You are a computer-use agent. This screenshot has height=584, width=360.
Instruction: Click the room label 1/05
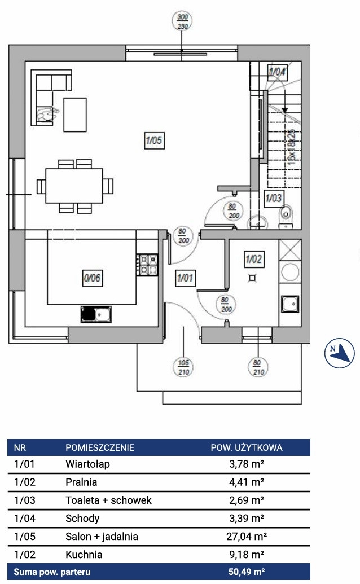coord(153,140)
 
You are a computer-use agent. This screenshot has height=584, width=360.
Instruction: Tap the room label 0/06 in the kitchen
coord(92,278)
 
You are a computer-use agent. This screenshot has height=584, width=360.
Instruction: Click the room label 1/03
coord(274,198)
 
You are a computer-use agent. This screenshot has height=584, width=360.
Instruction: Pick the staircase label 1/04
coord(277,72)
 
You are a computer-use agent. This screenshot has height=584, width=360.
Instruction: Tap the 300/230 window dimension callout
coord(181,22)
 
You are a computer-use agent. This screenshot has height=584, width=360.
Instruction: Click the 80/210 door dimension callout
coord(258,367)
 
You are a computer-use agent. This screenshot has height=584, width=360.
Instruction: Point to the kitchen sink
coord(96,314)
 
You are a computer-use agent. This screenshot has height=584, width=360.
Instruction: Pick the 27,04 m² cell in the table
coord(246,536)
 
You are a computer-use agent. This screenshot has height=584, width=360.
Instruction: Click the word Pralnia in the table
coord(81,482)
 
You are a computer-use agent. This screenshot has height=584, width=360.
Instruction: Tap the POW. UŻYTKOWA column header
coord(246,447)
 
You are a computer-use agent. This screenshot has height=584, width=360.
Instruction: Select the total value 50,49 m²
coord(246,572)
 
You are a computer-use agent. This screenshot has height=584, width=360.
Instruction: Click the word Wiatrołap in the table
coord(87,464)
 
